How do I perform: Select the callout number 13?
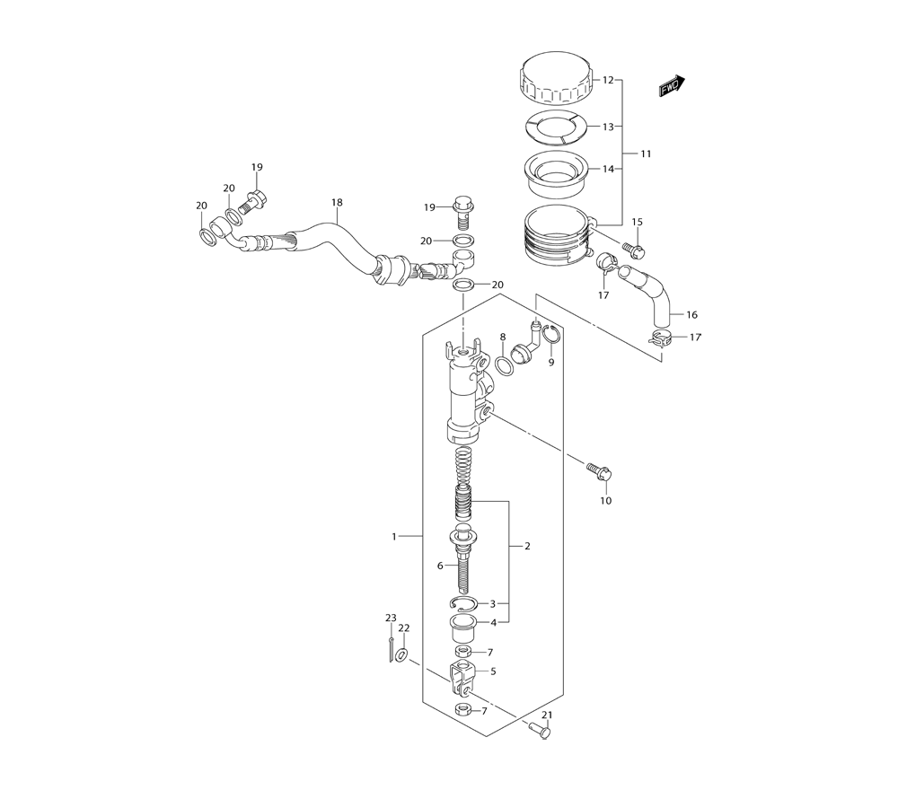click(x=608, y=127)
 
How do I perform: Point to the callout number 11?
click(x=646, y=154)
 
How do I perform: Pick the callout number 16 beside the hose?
click(x=691, y=314)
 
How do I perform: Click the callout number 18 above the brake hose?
click(x=337, y=202)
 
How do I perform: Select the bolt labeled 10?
click(x=600, y=471)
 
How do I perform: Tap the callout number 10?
click(x=606, y=501)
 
